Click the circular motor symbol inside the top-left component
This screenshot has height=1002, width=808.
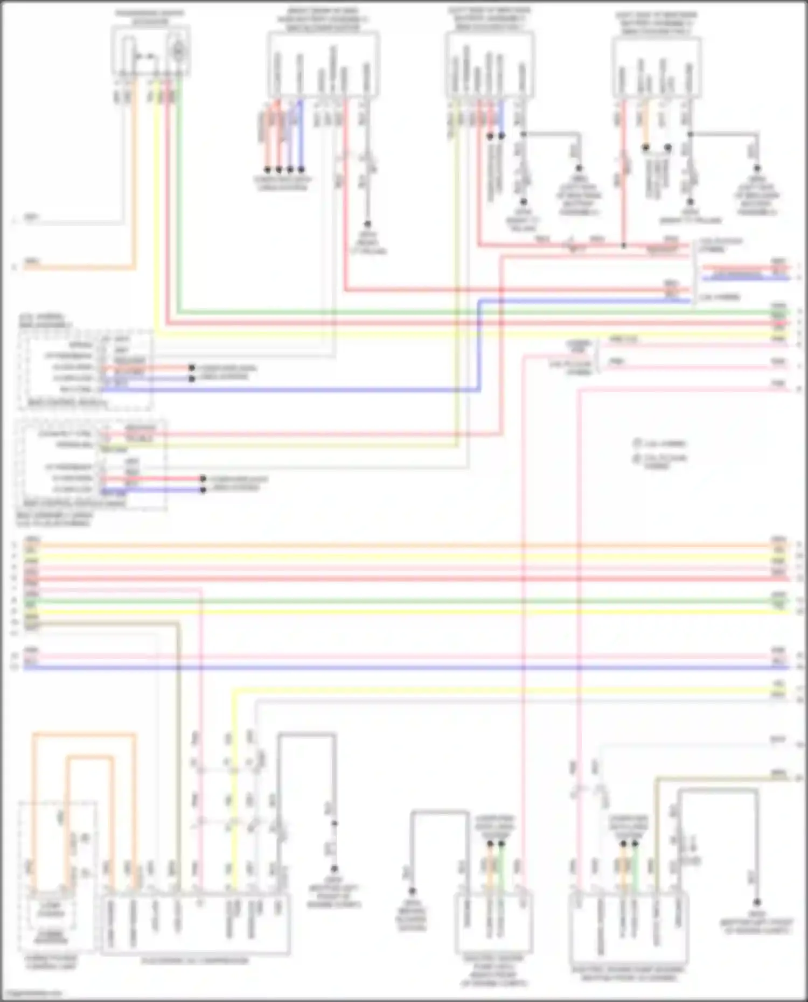(177, 50)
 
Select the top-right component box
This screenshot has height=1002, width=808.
(656, 67)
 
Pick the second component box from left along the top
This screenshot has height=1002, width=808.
(323, 65)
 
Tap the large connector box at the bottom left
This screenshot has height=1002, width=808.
(195, 924)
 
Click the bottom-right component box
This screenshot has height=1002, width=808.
(629, 927)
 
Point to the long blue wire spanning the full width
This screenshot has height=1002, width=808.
(404, 668)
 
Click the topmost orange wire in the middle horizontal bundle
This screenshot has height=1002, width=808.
(404, 545)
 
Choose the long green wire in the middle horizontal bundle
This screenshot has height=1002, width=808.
(404, 601)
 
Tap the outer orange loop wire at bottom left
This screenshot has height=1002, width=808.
(83, 733)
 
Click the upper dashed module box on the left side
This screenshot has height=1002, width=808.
(85, 370)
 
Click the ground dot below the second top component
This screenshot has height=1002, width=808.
(367, 223)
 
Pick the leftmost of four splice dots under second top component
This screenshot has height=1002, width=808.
(267, 169)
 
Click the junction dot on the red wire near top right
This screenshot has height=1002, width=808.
(624, 246)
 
